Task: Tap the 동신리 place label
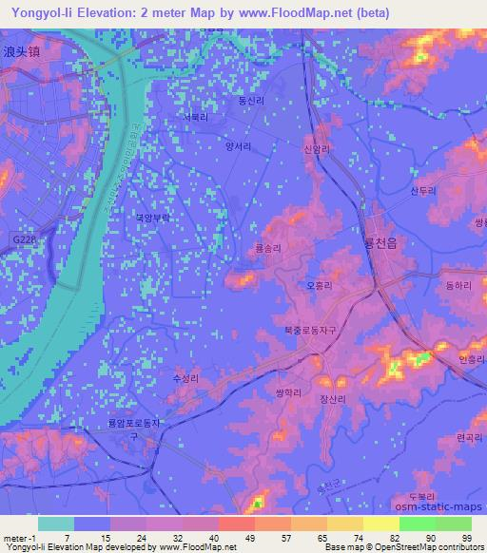click(x=251, y=99)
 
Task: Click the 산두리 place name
click(x=421, y=190)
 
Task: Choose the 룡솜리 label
click(x=269, y=246)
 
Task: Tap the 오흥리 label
click(x=320, y=283)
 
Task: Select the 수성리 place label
click(x=185, y=378)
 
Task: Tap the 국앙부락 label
click(x=152, y=217)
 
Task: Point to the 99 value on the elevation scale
click(x=467, y=537)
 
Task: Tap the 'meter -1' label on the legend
click(x=18, y=537)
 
